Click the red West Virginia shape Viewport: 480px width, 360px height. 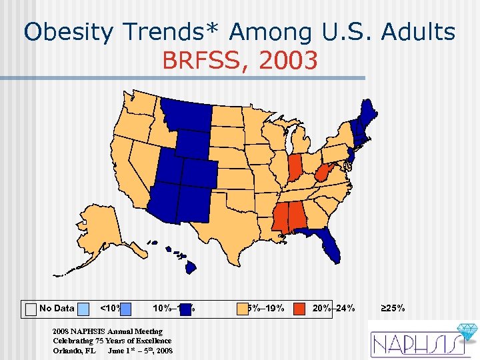coord(322,174)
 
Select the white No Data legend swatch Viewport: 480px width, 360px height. coord(31,309)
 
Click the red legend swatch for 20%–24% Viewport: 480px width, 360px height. coord(299,308)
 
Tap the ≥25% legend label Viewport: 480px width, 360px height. coord(393,309)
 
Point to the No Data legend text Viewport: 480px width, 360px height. coord(57,309)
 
